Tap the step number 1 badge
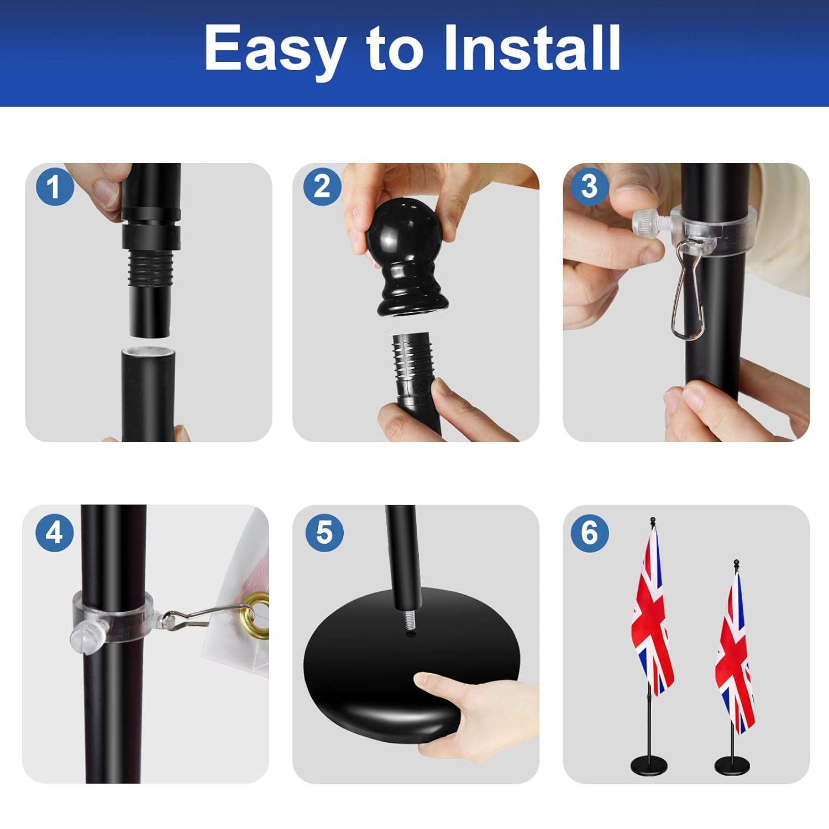[54, 187]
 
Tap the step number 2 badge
[322, 187]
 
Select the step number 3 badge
[590, 187]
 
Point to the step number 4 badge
[54, 532]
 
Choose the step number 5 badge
[324, 532]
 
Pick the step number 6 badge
[590, 532]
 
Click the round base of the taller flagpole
[649, 765]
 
